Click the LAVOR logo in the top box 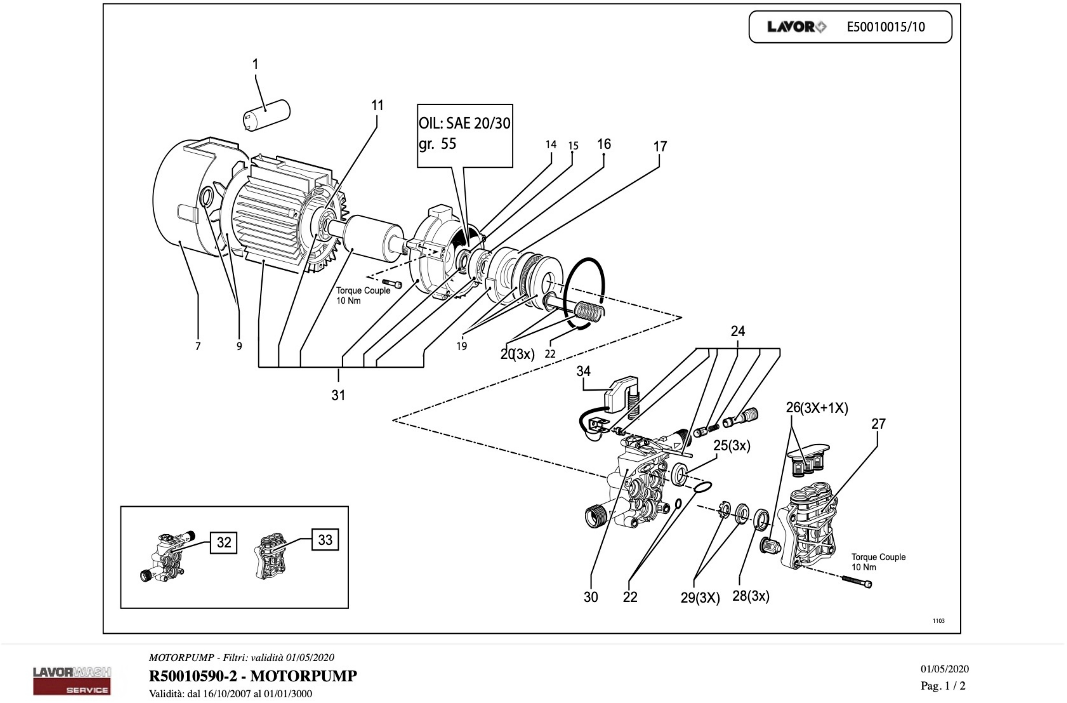click(797, 27)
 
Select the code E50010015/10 click(885, 27)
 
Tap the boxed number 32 click(224, 543)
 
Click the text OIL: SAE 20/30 click(464, 123)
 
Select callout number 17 click(660, 146)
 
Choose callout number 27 click(878, 424)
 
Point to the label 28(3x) click(751, 596)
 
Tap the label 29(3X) click(700, 598)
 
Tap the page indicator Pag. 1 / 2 click(943, 686)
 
